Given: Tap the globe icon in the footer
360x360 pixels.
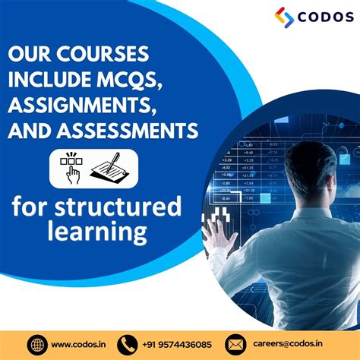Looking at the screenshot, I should tap(37, 344).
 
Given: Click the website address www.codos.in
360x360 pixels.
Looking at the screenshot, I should tap(80, 344).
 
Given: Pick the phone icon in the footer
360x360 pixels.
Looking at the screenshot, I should tap(128, 344).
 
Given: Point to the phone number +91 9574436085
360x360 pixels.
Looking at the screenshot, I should tap(176, 344).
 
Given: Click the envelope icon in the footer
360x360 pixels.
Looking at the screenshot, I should tap(236, 344).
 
